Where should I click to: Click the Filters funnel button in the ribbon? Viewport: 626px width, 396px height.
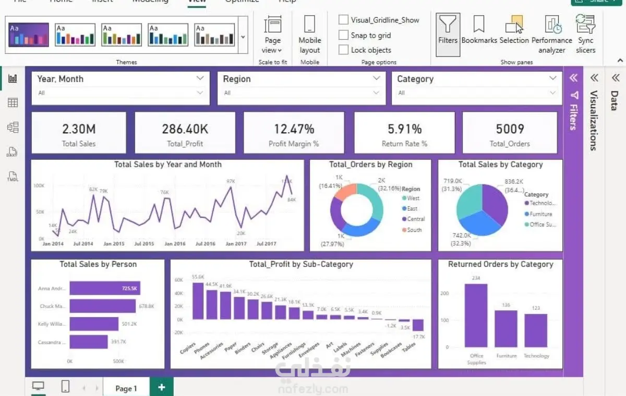[448, 31]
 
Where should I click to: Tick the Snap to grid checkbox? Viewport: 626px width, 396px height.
[343, 35]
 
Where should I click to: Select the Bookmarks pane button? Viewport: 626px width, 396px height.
[479, 31]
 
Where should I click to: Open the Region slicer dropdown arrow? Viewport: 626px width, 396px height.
[377, 78]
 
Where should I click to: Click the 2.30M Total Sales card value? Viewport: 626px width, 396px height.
[79, 129]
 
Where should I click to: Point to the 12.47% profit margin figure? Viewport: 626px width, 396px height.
[294, 129]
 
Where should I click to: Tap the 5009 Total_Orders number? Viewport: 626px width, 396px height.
[510, 129]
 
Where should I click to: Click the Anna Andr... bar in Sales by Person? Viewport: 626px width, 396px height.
[104, 288]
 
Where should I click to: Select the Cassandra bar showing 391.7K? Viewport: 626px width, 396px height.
[89, 342]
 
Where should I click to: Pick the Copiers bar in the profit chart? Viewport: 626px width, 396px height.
[198, 300]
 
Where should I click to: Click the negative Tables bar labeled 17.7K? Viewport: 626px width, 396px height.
[417, 325]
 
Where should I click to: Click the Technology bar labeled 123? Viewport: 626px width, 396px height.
[536, 330]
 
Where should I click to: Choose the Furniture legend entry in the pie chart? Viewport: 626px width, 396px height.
[540, 214]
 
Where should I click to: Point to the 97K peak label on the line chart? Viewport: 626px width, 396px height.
[231, 181]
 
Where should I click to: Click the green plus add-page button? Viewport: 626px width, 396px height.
[162, 387]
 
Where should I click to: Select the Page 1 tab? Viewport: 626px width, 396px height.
[126, 388]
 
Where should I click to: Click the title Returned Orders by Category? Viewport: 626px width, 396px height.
[500, 264]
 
